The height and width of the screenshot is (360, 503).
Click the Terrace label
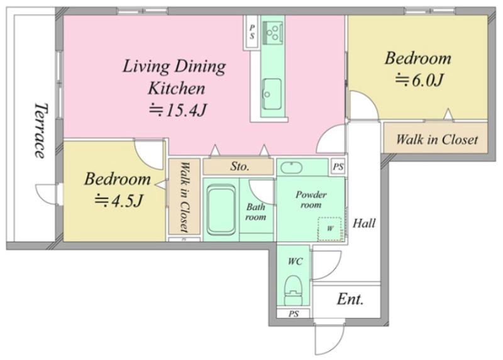click(41, 130)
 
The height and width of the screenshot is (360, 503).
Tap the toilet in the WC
click(294, 290)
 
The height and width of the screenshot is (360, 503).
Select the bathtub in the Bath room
click(221, 210)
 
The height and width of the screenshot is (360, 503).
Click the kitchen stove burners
click(274, 33)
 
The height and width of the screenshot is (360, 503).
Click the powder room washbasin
click(291, 167)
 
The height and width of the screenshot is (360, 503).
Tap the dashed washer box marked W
click(329, 229)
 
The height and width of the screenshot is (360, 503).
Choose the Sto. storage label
click(240, 166)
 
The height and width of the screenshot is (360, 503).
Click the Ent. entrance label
click(350, 300)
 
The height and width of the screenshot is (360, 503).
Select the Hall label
click(364, 223)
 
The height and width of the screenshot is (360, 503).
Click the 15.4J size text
click(177, 111)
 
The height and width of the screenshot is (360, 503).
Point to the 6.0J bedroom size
click(419, 80)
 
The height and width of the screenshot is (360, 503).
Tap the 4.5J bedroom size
click(118, 201)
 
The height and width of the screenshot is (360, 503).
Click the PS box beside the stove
click(252, 32)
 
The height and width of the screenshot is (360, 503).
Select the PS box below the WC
click(294, 313)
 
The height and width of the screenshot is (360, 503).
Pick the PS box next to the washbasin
click(338, 167)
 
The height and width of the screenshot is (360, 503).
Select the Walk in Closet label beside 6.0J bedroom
click(437, 140)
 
